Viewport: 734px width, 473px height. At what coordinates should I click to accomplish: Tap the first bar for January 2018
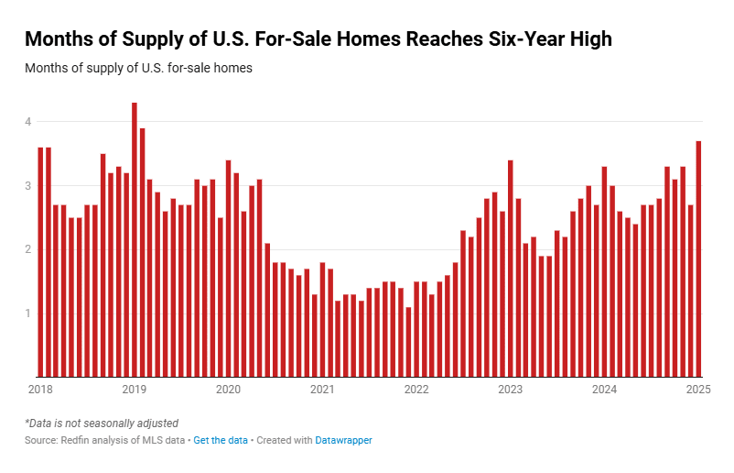tap(40, 262)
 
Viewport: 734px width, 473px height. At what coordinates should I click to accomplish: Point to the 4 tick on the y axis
tap(28, 122)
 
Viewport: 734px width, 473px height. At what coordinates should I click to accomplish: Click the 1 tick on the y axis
tap(28, 313)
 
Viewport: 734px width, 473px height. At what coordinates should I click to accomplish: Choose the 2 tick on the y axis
tap(28, 249)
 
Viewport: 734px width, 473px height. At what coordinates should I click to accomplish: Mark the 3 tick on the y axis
tap(28, 186)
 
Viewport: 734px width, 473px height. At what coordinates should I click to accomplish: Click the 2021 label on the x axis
tap(322, 390)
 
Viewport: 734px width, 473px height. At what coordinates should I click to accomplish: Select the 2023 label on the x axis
tap(510, 390)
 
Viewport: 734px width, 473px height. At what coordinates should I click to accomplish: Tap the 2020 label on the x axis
tap(228, 390)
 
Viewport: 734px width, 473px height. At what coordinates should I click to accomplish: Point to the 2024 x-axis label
tap(604, 390)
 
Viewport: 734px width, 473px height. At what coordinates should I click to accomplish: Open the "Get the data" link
tap(221, 441)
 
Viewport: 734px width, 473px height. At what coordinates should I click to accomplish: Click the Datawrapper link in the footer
tap(343, 441)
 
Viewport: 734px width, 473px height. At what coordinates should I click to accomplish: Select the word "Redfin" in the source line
tap(80, 441)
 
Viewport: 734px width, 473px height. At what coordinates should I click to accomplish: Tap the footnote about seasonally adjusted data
tap(102, 423)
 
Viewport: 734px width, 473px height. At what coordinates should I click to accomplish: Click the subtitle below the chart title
tap(138, 69)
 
